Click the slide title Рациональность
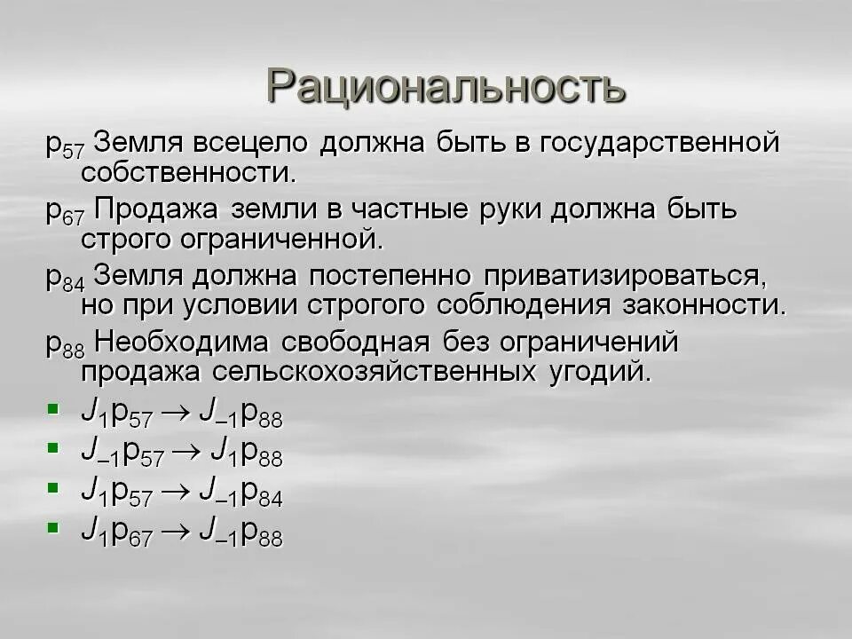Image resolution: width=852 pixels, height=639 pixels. pos(446,86)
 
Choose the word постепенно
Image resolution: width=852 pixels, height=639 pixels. pos(395,275)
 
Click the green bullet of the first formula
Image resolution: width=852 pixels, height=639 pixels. pos(53,409)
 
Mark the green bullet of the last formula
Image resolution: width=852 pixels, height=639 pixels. pos(53,529)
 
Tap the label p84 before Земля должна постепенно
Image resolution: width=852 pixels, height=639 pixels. pos(65,279)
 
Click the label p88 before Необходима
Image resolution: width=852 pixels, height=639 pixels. pos(65,344)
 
